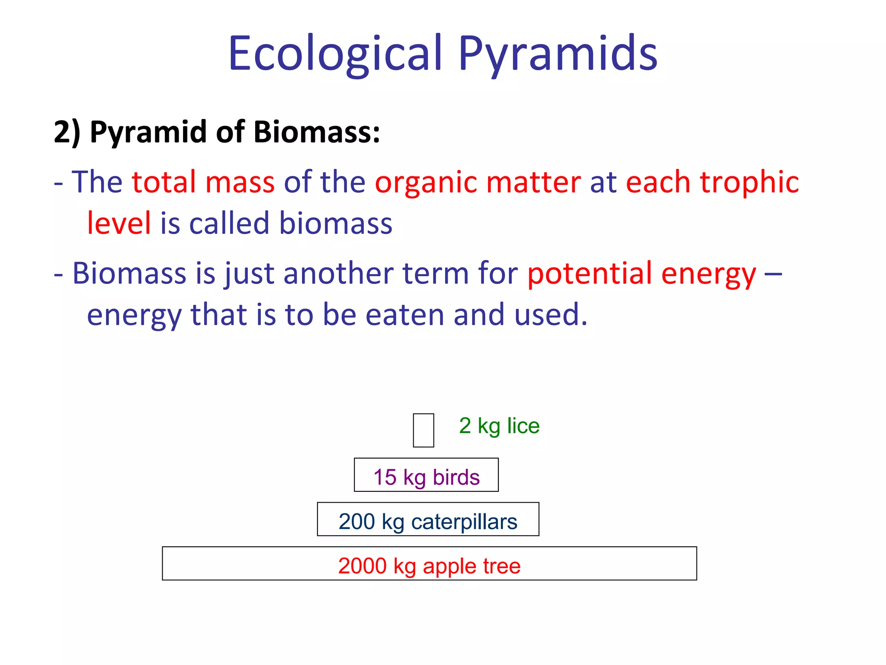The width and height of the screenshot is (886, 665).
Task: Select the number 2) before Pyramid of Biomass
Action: click(x=67, y=132)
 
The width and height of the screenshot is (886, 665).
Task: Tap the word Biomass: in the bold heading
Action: click(x=316, y=132)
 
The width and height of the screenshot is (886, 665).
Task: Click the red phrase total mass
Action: click(x=203, y=182)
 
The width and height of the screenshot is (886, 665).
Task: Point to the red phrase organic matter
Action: click(x=478, y=182)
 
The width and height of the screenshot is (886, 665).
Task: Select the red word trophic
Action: click(x=749, y=182)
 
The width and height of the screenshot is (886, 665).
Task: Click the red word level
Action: click(x=119, y=223)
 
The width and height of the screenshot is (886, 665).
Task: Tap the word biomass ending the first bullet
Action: click(x=336, y=223)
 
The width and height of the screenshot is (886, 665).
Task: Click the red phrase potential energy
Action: click(x=642, y=274)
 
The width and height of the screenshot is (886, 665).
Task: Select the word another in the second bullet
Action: click(x=338, y=274)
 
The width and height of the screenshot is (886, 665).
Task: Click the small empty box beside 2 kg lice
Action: click(x=423, y=430)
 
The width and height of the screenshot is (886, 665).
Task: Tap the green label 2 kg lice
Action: click(x=499, y=426)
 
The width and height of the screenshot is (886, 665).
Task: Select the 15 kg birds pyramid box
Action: click(x=426, y=475)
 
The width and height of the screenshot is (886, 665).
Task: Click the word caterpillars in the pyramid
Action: click(x=464, y=522)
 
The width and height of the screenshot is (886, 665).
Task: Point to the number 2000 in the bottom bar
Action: click(x=362, y=566)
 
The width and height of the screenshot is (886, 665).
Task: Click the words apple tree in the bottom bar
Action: click(x=472, y=566)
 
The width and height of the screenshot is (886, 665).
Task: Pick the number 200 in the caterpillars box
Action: click(x=356, y=522)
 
